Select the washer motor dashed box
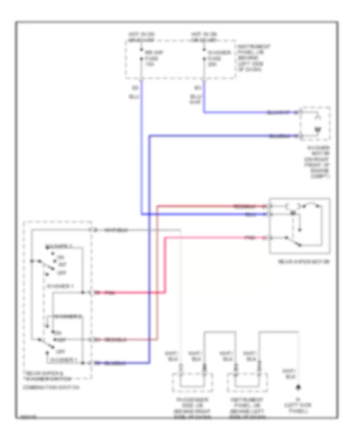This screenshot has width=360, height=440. click(x=316, y=124)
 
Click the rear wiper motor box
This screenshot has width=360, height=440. click(x=300, y=226)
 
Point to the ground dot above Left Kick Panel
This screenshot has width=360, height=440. click(x=298, y=388)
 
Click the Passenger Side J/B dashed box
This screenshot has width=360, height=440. click(x=192, y=383)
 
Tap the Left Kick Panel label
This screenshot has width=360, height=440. click(x=298, y=408)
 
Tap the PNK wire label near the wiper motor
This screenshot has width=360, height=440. click(x=250, y=238)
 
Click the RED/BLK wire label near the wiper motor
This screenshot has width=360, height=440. click(x=244, y=206)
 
